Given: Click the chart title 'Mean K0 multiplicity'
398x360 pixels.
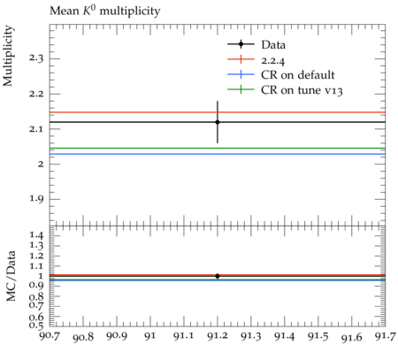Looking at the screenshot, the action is pos(105,11).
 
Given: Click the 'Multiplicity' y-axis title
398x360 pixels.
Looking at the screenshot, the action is pos(8,56).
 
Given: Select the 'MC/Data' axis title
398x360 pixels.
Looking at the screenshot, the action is pos(11,276).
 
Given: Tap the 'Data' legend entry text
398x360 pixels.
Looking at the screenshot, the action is pos(273,44).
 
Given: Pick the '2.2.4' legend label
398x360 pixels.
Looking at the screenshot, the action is pos(273,60).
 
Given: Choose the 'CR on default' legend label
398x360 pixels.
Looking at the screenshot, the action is pos(298,75).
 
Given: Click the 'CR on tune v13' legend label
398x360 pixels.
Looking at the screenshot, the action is pos(302,90).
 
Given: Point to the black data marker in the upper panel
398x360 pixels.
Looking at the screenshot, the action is pos(218,122).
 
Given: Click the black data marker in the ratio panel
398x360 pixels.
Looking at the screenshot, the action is pos(218,276).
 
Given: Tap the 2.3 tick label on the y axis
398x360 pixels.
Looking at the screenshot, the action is pos(36,58).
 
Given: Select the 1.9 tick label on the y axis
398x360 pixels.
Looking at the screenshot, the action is pos(36,199).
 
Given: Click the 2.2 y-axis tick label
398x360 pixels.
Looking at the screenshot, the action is pos(36,94).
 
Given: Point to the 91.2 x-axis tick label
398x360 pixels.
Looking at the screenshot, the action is pos(218,336).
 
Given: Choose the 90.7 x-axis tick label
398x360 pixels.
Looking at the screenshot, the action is pos(50,335).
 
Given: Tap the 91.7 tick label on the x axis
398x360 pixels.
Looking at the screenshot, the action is pos(385,335).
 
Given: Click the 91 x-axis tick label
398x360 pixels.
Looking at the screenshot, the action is pos(150,335).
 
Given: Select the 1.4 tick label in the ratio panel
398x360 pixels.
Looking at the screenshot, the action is pos(36,235).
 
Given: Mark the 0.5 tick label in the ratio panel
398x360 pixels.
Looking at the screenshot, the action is pos(36,325).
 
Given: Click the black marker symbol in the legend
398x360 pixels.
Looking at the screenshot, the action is pos(241,44).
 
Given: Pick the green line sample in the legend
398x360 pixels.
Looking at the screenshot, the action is pos(241,89).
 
